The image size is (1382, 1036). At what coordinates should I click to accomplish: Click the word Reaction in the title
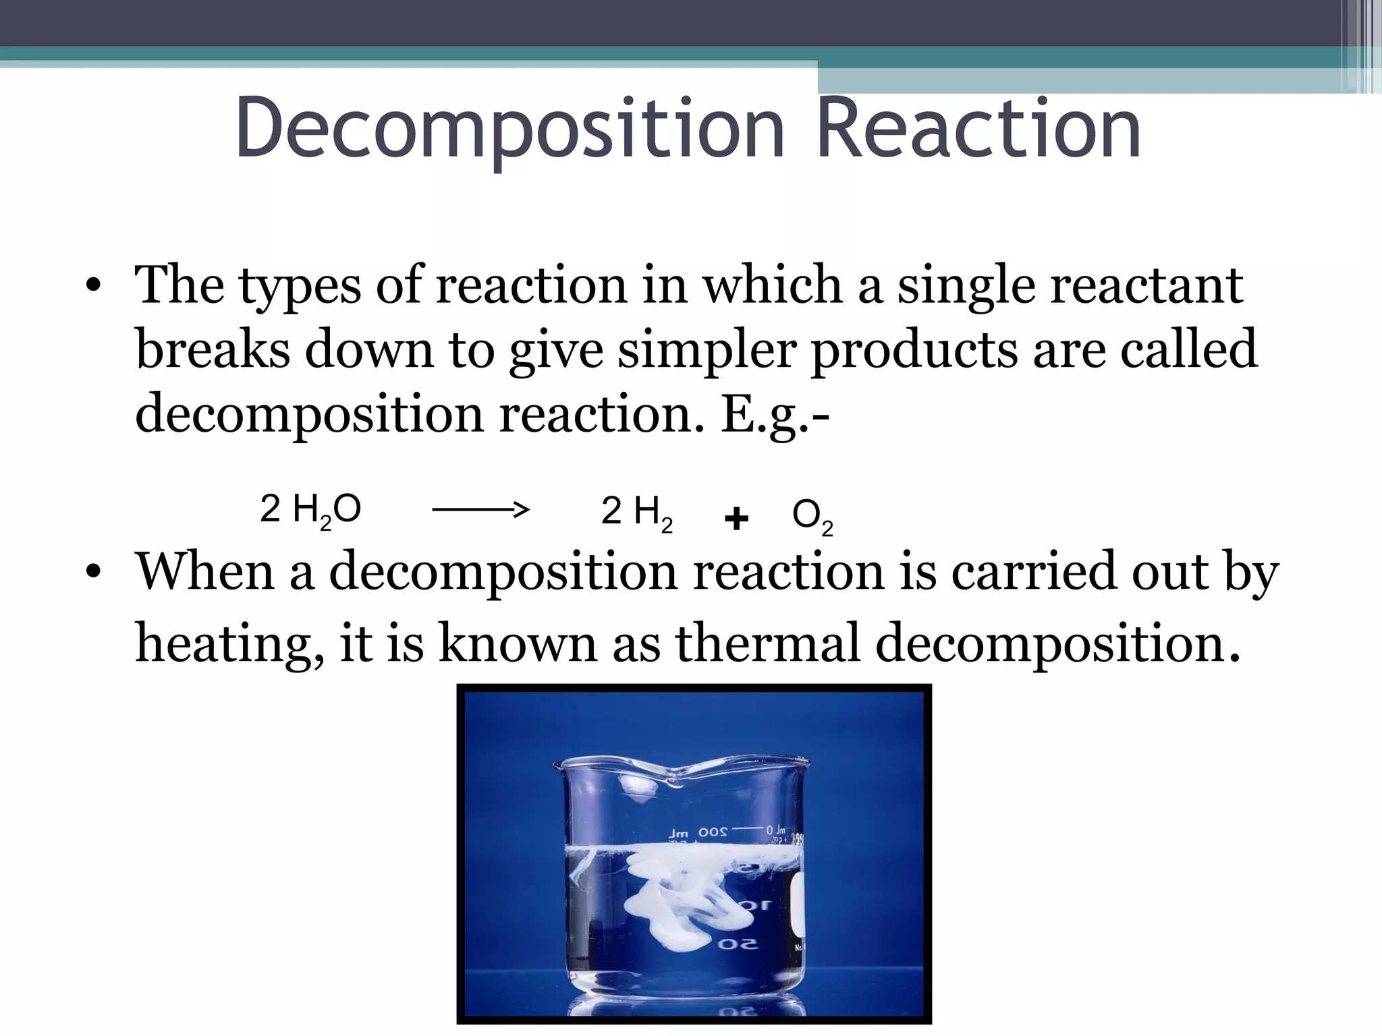click(x=978, y=128)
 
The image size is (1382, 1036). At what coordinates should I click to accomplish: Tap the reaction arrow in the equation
click(x=480, y=510)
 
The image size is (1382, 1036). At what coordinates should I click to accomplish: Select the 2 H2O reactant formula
click(x=310, y=510)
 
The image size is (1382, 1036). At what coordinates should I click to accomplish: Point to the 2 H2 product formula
click(x=636, y=512)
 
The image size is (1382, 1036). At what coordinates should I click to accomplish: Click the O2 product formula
click(x=812, y=517)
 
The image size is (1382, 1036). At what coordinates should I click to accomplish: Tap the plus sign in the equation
click(x=736, y=518)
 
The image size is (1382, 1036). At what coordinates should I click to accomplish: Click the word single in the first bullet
click(x=966, y=286)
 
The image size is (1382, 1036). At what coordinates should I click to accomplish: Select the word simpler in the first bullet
click(x=707, y=350)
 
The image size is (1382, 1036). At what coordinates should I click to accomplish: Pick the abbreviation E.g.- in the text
click(x=775, y=413)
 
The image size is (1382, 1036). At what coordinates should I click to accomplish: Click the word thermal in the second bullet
click(x=768, y=642)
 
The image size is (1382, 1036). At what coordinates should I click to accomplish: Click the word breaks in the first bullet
click(x=213, y=350)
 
